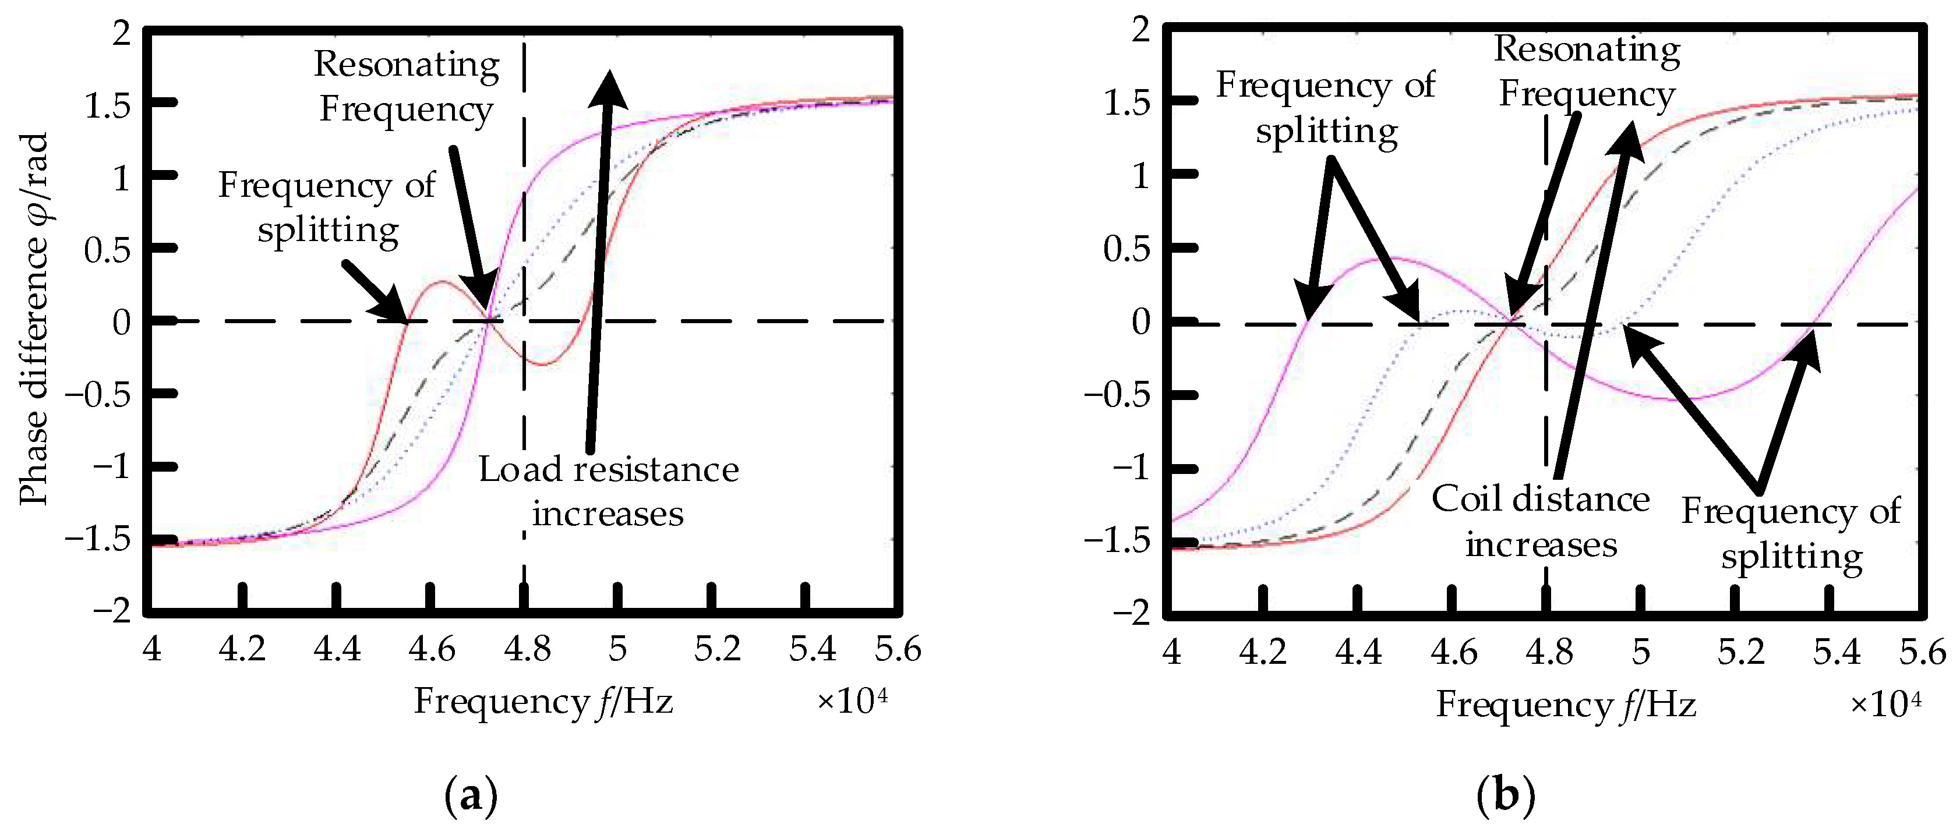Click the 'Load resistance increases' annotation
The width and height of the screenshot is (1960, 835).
(x=609, y=491)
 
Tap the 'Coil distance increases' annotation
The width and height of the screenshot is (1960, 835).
(x=1540, y=522)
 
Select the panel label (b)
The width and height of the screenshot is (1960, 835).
(x=1505, y=795)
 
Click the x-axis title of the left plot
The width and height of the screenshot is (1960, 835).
(x=543, y=701)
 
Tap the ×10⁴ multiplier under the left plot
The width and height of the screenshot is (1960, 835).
(x=852, y=701)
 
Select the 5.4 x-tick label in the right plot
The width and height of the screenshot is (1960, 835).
(x=1836, y=653)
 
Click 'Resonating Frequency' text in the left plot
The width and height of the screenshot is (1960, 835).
(x=407, y=86)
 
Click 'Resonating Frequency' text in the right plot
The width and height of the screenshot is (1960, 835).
(x=1587, y=72)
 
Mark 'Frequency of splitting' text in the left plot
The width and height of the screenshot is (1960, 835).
(x=327, y=207)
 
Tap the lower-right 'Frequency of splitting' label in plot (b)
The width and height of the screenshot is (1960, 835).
(x=1791, y=533)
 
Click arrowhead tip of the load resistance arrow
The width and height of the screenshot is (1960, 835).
(x=609, y=73)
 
